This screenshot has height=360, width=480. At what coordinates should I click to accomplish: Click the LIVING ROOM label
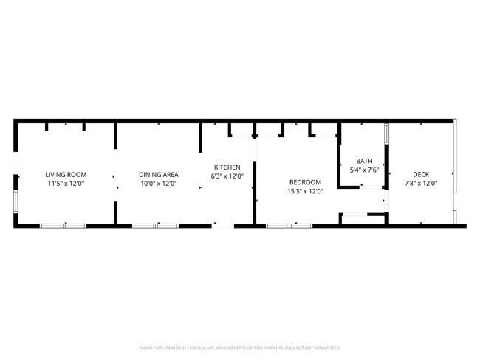click(66, 174)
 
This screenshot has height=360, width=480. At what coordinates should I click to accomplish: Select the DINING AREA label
click(159, 174)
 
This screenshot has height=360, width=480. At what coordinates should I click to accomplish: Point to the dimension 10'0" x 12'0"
click(159, 184)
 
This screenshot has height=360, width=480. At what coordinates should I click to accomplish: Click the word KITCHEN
click(227, 167)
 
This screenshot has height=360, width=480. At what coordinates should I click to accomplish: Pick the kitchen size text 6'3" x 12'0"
click(227, 176)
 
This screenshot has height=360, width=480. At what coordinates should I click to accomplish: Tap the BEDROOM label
click(305, 182)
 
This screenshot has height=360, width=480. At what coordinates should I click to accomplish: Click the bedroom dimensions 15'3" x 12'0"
click(305, 191)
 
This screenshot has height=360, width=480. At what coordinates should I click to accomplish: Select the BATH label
click(365, 161)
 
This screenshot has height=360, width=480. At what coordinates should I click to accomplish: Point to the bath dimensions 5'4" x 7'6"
click(365, 170)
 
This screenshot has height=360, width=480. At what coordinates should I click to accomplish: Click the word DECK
click(421, 174)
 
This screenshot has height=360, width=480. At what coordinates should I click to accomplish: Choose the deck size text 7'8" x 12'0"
click(421, 184)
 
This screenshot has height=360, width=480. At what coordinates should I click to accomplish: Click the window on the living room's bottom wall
click(63, 225)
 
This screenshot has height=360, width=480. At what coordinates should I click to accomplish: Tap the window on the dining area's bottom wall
click(155, 225)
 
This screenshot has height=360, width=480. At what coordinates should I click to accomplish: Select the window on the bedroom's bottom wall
click(289, 225)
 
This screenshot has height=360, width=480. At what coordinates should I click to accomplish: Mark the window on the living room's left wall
click(16, 200)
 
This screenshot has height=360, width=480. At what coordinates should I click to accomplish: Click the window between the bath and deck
click(386, 134)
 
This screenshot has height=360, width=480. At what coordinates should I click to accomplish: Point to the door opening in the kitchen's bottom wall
click(222, 225)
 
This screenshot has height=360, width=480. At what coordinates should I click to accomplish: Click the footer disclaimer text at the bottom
click(240, 347)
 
